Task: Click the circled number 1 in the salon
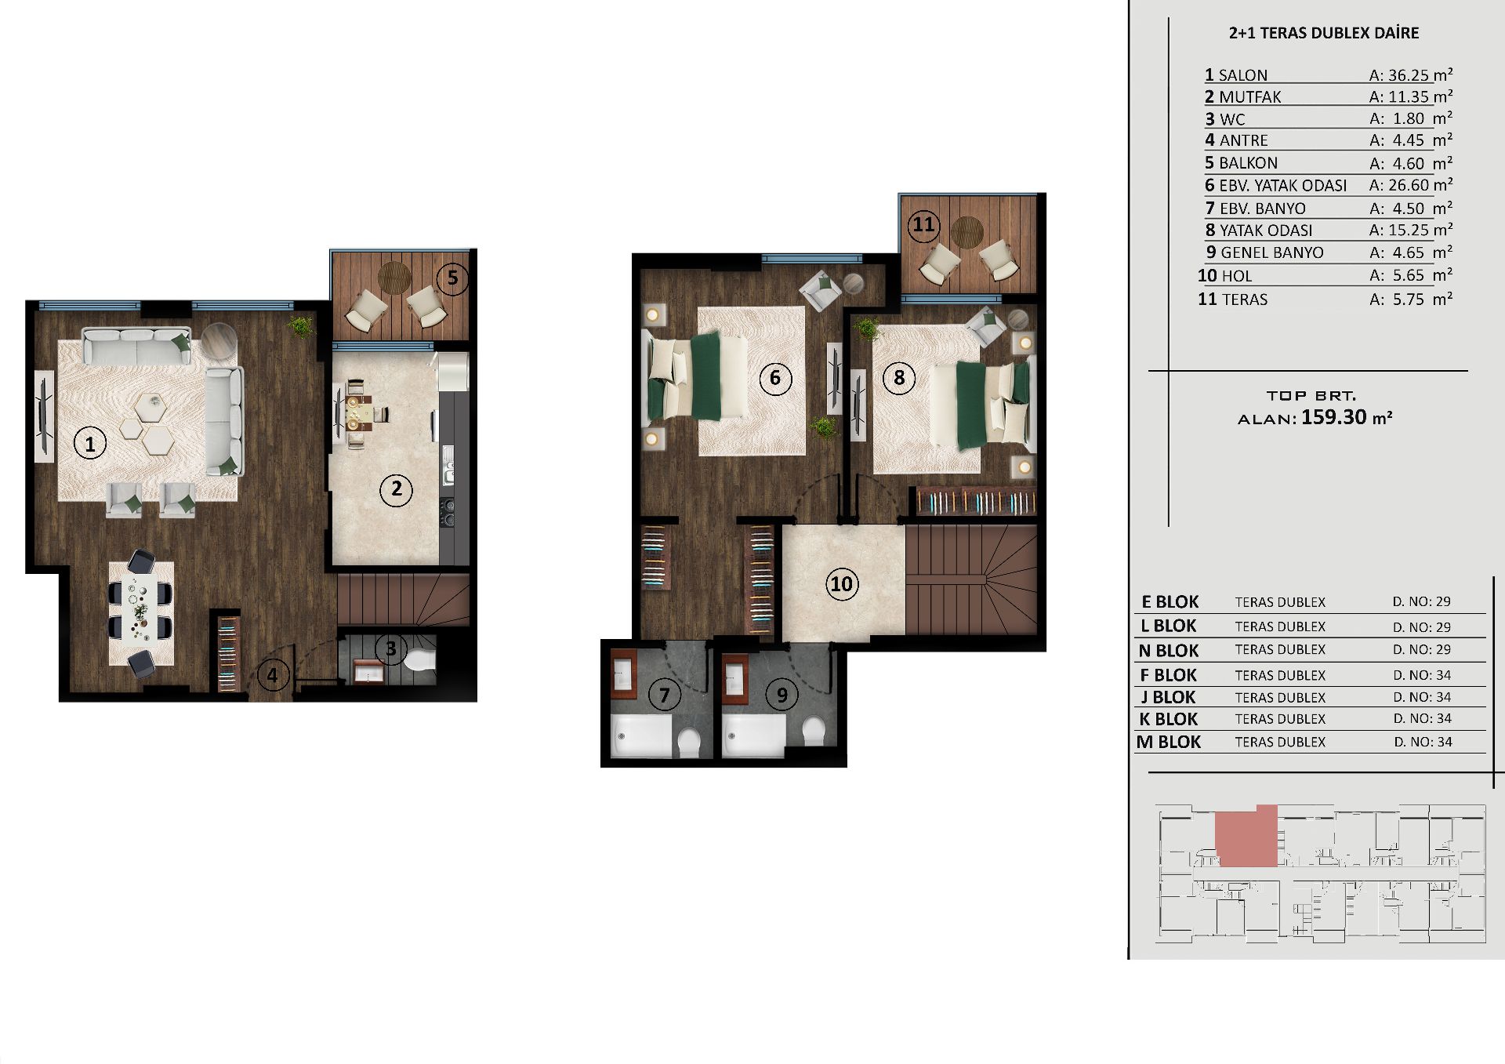[x=89, y=444]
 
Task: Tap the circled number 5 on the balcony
[x=452, y=278]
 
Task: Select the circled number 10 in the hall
[x=841, y=583]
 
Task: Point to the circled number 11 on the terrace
[x=923, y=226]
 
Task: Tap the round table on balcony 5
[x=394, y=278]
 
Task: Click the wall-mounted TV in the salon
[x=45, y=416]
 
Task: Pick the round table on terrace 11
[x=967, y=232]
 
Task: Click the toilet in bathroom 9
[x=814, y=732]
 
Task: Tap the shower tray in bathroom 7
[x=640, y=735]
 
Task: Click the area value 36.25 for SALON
[x=1409, y=75]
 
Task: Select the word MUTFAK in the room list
[x=1250, y=97]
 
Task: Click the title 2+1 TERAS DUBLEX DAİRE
[x=1324, y=33]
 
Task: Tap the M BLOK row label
[x=1168, y=742]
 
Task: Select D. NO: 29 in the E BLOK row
[x=1422, y=601]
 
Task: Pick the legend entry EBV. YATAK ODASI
[x=1283, y=186]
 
